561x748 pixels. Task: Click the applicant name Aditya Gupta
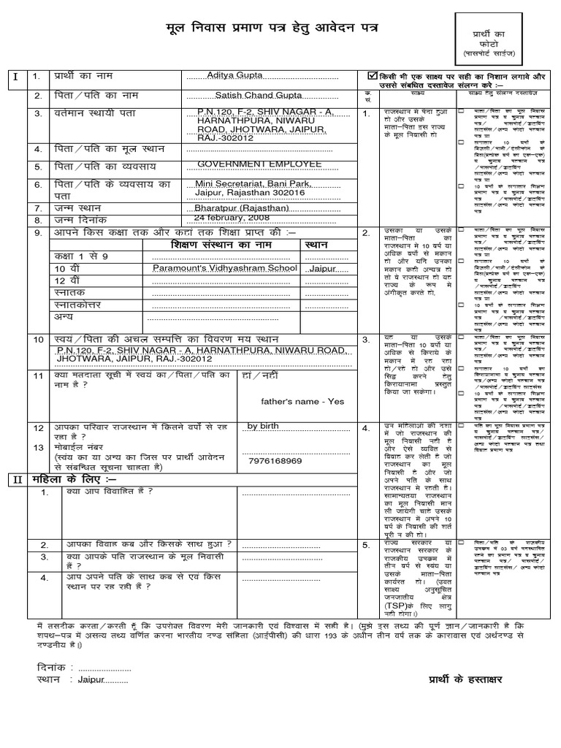(235, 76)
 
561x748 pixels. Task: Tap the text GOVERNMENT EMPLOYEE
(259, 163)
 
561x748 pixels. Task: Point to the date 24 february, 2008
(231, 218)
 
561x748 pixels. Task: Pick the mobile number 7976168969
(275, 461)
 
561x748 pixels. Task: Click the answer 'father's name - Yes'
(302, 401)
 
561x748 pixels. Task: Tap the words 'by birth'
(263, 427)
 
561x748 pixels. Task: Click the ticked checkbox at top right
(373, 75)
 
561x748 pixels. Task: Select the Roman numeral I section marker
(14, 77)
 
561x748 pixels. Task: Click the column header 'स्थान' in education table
(317, 243)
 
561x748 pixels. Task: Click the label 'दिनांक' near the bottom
(51, 668)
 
